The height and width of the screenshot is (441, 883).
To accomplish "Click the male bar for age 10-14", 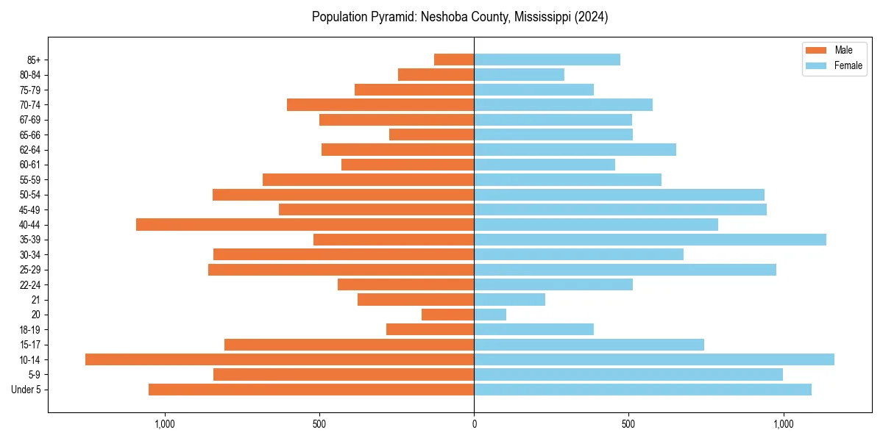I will click(280, 359).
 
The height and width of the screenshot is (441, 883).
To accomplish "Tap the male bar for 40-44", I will click(305, 224).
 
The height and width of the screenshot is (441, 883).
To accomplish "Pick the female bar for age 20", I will click(490, 315).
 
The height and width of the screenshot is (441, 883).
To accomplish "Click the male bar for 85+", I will click(454, 60).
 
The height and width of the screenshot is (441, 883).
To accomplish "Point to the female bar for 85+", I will click(547, 60).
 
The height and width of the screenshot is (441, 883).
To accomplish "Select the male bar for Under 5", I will click(311, 390).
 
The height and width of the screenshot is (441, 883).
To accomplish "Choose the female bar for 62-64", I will click(575, 149).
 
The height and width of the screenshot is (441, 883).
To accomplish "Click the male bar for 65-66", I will click(431, 135).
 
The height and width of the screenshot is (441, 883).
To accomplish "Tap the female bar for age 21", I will click(509, 299).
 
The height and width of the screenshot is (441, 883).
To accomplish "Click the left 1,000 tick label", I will click(164, 424).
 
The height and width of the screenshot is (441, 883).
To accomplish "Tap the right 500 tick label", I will click(628, 424).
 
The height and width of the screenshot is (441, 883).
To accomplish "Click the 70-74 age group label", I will click(30, 104).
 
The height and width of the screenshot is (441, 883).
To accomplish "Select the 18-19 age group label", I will click(30, 329).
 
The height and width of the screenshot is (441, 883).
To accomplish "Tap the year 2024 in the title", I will click(589, 17).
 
